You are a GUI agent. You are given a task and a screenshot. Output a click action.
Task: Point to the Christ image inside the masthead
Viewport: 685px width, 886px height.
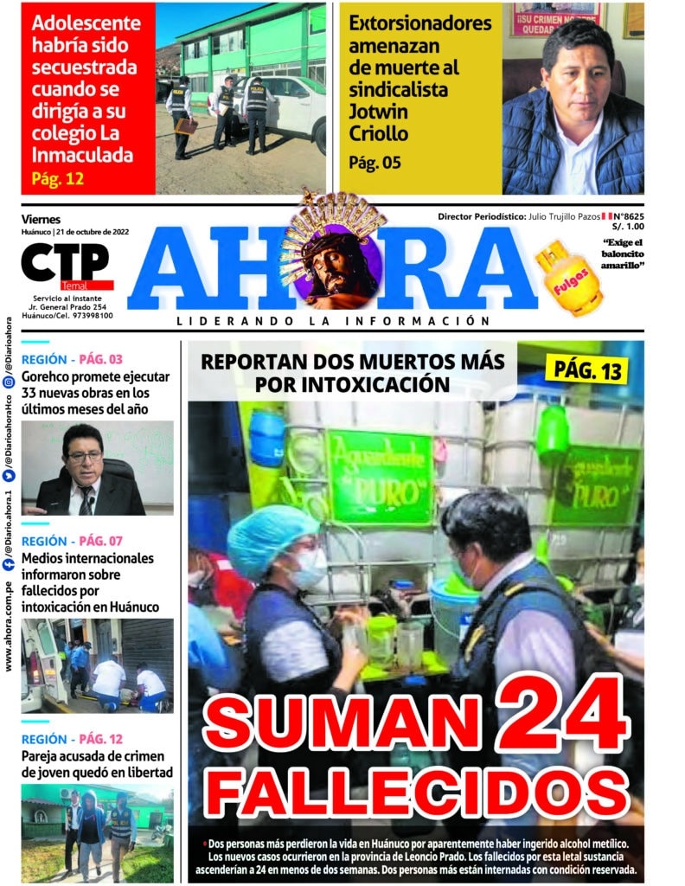tap(333, 265)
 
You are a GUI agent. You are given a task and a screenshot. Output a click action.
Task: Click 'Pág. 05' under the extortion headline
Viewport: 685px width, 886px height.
tap(375, 162)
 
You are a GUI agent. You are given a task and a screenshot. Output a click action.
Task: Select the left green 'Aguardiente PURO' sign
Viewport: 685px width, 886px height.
tap(380, 476)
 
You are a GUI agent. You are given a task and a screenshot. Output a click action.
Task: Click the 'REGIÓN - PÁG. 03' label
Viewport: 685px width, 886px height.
tap(73, 359)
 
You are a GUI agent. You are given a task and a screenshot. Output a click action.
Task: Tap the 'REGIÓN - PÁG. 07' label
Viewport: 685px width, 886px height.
tap(73, 541)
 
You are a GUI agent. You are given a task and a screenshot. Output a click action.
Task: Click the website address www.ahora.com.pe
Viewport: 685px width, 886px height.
tap(9, 625)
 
